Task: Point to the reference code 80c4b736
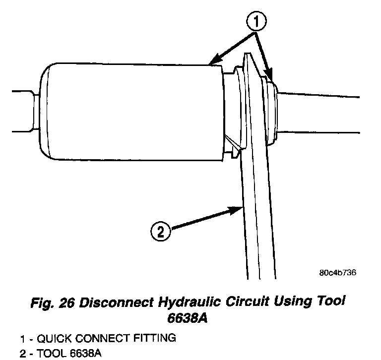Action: coord(338,273)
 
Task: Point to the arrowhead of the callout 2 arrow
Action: coord(238,209)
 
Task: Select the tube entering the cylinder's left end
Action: coord(22,112)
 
